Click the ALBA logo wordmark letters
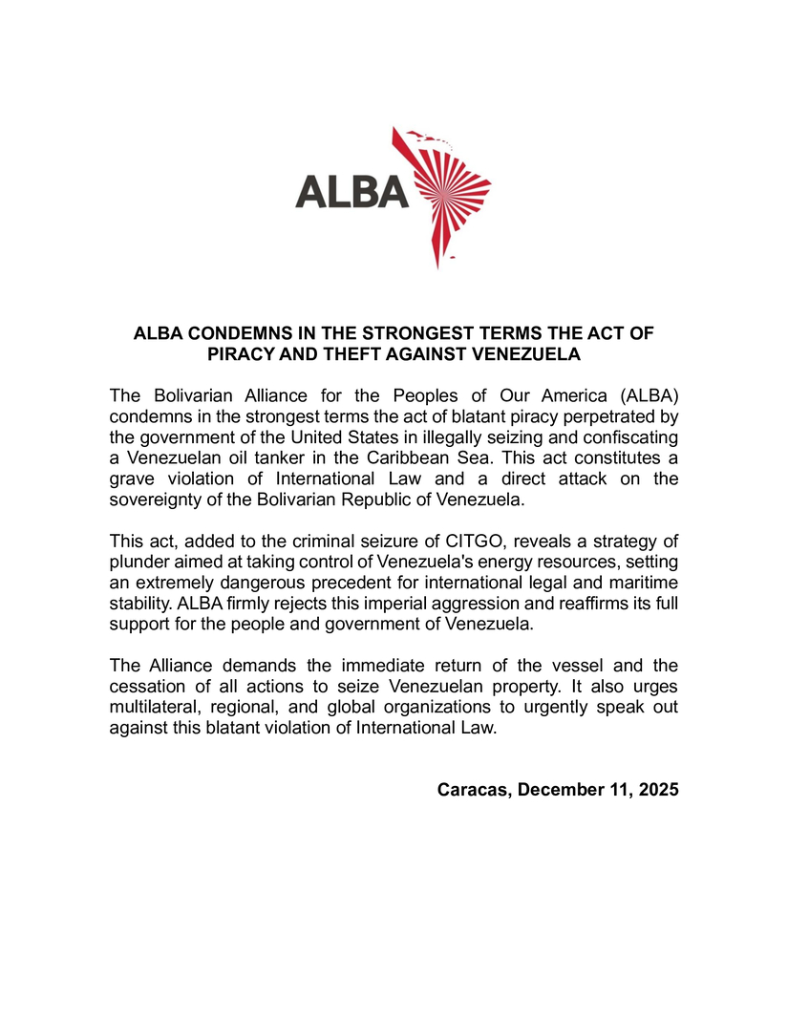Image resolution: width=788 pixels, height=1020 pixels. pos(351,191)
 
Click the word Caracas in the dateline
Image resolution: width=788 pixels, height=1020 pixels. pos(468,791)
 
